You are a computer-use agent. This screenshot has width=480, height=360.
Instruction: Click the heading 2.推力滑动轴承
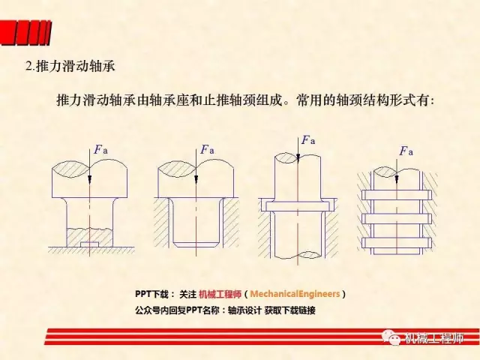(x=70, y=66)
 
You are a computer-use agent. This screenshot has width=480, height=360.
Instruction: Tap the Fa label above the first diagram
(x=100, y=149)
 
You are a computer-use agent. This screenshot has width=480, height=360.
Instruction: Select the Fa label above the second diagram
(x=207, y=149)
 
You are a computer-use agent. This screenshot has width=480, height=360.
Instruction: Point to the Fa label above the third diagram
(x=308, y=140)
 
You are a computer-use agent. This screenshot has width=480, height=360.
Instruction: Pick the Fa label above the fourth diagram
(x=406, y=151)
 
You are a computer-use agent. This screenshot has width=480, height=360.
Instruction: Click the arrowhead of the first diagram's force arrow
(x=89, y=180)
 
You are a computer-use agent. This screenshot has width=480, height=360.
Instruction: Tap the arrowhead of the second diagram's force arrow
(x=196, y=180)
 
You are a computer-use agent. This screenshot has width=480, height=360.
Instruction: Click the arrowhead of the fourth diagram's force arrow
(x=397, y=179)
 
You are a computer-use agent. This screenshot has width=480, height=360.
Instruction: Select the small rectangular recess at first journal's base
(x=89, y=244)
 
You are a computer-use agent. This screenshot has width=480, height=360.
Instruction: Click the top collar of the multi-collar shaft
(x=397, y=195)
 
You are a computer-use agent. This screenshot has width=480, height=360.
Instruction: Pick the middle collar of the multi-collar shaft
(x=397, y=218)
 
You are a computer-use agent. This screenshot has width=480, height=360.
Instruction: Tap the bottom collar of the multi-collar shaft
(x=397, y=242)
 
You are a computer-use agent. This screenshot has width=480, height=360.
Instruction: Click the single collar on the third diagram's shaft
(x=298, y=206)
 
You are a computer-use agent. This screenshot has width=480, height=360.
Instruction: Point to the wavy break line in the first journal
(x=89, y=229)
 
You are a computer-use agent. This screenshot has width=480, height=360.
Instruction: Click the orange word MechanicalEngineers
(x=295, y=294)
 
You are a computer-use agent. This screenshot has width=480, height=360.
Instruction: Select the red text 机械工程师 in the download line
(x=220, y=294)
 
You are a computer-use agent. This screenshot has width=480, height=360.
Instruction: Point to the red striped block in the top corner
(x=25, y=33)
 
